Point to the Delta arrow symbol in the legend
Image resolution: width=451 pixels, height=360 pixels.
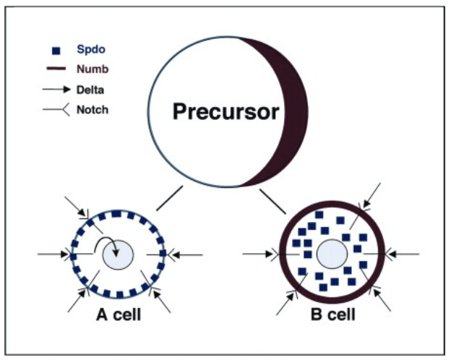pos(56,91)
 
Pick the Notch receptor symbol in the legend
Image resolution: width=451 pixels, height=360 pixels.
pos(56,111)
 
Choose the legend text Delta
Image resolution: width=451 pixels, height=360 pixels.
pos(90,91)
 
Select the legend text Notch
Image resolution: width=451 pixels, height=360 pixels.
pos(91,111)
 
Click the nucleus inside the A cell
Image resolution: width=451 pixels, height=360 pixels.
pos(119,255)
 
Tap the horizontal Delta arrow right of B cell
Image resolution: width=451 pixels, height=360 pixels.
pos(403,254)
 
